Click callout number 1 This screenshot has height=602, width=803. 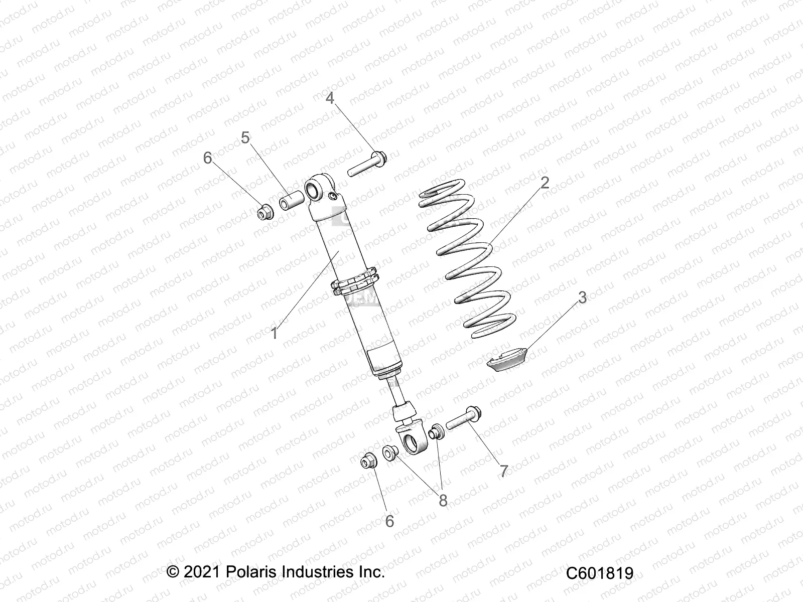[275, 333]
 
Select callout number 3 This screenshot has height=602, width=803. [582, 297]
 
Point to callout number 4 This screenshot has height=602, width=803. [330, 98]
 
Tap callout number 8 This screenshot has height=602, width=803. [443, 500]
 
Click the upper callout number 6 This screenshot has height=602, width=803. [208, 158]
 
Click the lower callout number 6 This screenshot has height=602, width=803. [389, 522]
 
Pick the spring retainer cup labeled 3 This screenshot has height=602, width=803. [506, 360]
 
